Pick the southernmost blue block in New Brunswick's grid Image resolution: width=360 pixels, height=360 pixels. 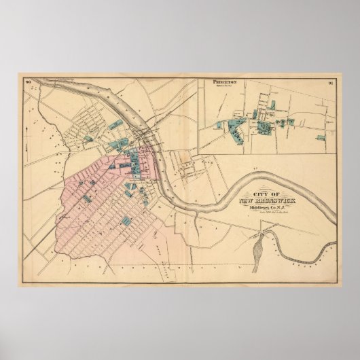click(126, 221)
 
